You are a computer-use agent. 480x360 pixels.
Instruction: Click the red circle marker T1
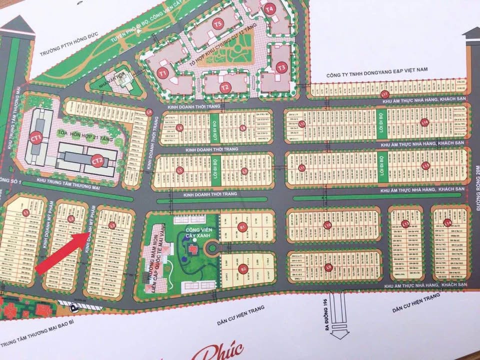tap(162, 73)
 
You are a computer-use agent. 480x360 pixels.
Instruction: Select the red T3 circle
tap(281, 67)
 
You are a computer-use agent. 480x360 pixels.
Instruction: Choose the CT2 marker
tap(97, 160)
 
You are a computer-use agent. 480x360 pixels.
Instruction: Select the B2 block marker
tap(243, 269)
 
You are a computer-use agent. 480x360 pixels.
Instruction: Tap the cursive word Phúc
tap(220, 349)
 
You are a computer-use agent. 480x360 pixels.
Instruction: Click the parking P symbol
tap(74, 307)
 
